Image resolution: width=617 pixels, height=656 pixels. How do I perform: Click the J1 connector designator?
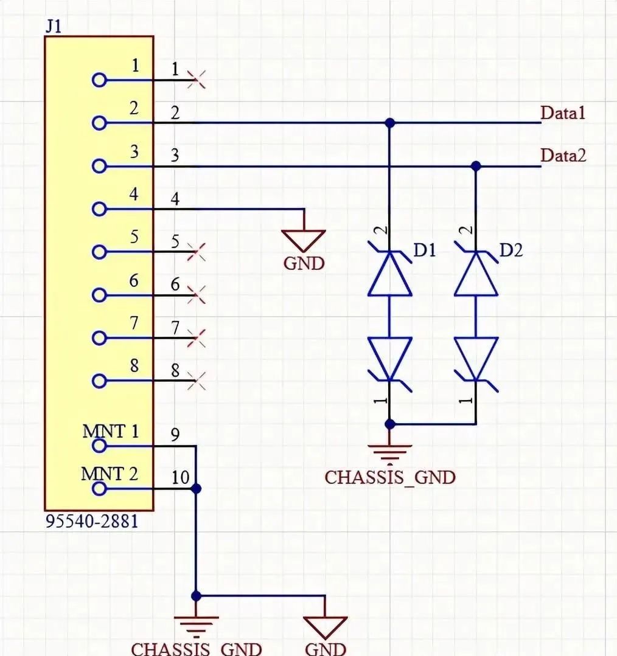coord(54,27)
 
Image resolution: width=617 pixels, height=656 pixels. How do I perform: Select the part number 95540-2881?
coord(92,522)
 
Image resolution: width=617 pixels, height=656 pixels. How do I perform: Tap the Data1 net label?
coord(563,113)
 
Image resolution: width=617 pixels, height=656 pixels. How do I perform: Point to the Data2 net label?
coord(563,156)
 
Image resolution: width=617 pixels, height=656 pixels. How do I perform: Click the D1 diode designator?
coord(425,250)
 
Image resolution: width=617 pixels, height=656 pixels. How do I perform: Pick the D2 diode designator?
coord(511,250)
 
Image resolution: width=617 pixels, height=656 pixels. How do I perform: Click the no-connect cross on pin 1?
coord(197,80)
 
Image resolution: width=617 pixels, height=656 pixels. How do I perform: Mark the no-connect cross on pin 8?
coord(197,381)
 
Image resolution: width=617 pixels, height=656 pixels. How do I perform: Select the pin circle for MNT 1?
coord(99,446)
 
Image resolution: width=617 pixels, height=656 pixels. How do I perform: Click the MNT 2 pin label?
coord(110,474)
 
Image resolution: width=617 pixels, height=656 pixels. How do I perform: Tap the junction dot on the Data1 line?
coord(389,123)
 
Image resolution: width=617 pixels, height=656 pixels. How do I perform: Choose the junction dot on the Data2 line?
coord(476,166)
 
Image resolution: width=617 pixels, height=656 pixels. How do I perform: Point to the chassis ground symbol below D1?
coord(389,454)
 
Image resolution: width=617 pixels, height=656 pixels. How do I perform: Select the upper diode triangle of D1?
coord(389,274)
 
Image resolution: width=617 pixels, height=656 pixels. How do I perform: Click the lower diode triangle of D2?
coord(476,359)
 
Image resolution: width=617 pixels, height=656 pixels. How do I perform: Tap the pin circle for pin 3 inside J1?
coord(99,166)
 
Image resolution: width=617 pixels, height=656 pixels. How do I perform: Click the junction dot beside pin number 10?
coord(196,489)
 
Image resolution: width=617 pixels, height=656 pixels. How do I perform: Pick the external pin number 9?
coord(175,435)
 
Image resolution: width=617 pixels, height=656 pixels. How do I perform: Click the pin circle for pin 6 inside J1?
coord(99,295)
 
